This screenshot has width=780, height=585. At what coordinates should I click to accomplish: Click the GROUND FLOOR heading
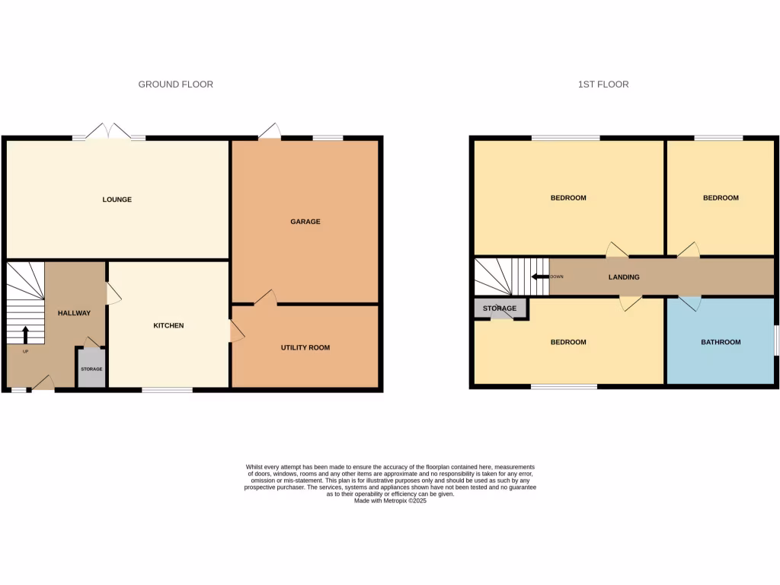click(175, 84)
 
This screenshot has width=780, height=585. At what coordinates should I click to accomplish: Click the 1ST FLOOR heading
click(603, 84)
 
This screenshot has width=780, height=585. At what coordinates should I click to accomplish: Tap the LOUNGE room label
click(117, 200)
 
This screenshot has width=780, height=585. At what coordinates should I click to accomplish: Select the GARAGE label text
click(305, 222)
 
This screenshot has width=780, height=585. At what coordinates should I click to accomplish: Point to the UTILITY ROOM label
click(305, 347)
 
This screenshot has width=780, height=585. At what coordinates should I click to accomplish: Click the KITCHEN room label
click(168, 325)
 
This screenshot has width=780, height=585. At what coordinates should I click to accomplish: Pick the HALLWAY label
click(74, 312)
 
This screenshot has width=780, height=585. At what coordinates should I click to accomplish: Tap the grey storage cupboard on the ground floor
click(91, 369)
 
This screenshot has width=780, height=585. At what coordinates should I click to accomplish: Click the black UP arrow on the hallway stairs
click(25, 335)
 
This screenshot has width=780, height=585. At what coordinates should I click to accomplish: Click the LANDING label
click(624, 277)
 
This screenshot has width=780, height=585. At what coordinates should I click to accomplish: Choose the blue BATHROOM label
click(721, 342)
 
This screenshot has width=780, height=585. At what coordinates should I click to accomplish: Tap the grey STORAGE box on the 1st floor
click(500, 308)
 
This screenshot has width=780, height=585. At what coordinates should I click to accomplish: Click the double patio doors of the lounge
click(109, 132)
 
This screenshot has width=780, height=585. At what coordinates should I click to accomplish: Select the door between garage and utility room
click(264, 298)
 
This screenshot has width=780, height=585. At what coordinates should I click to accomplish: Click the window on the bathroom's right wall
click(775, 340)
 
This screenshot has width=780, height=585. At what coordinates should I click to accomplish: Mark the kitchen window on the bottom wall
click(167, 390)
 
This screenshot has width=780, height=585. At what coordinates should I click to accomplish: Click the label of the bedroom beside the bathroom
click(568, 342)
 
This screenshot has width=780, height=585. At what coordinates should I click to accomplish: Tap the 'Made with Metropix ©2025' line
click(390, 500)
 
